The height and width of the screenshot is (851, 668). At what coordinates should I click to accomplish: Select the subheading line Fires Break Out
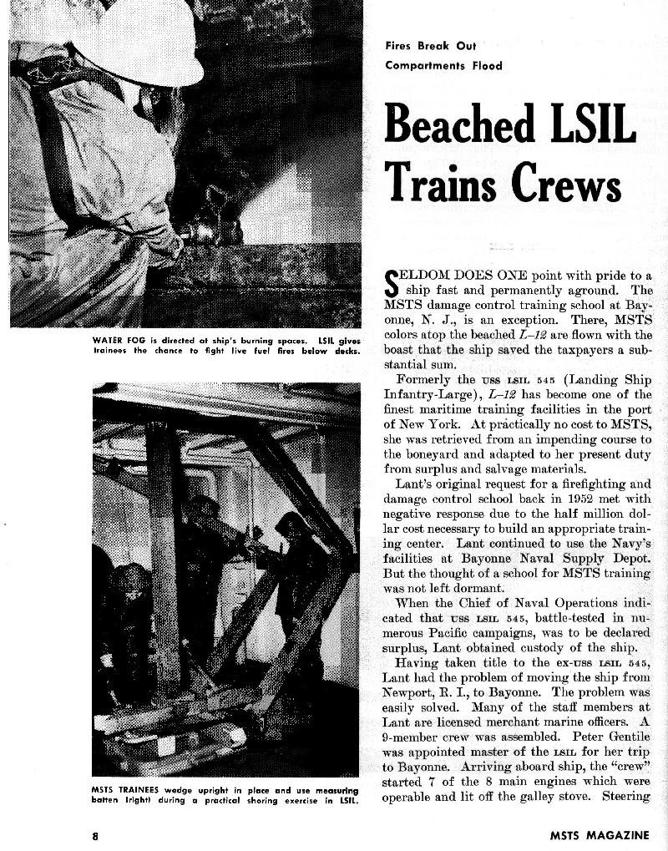430,47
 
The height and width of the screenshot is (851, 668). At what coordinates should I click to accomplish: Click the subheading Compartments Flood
444,65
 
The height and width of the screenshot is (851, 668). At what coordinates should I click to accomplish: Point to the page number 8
96,834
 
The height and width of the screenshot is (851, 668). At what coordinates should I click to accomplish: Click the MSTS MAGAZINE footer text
599,834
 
